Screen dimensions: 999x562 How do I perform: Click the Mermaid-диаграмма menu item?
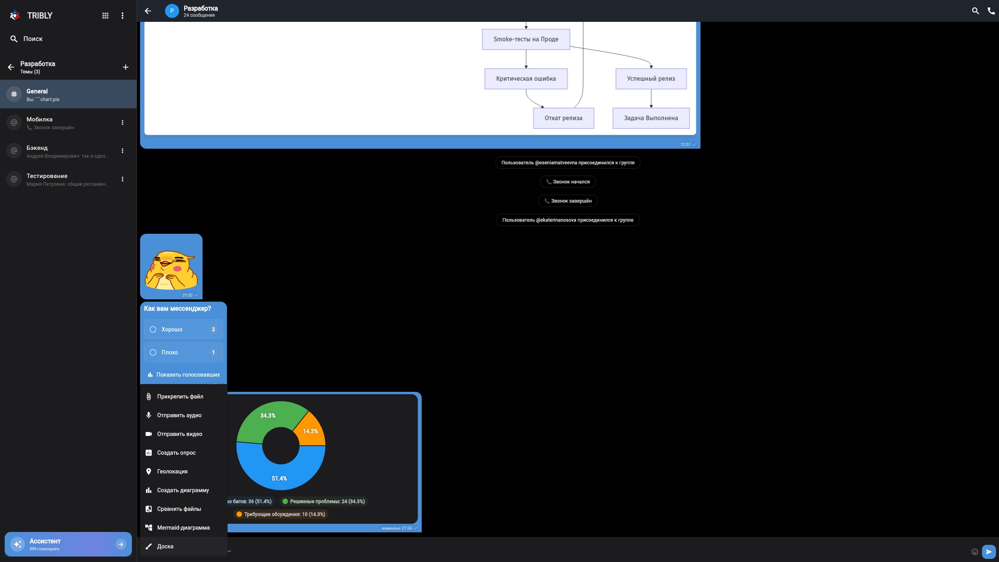[183, 528]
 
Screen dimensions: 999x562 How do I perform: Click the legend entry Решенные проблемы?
[324, 502]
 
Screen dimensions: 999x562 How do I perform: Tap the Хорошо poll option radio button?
[153, 329]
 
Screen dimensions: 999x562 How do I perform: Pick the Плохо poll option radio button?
[153, 352]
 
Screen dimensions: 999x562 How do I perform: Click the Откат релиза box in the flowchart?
[563, 118]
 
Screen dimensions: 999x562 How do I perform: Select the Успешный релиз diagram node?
[651, 79]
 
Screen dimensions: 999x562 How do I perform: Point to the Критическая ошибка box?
[526, 79]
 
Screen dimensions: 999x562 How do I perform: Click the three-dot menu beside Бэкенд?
[123, 151]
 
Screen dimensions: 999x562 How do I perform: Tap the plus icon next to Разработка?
[126, 67]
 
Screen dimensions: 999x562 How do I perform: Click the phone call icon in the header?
[991, 11]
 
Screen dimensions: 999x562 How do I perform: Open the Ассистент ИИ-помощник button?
[68, 544]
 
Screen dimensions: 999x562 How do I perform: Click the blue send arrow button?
[988, 551]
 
